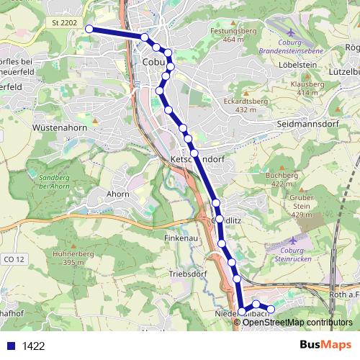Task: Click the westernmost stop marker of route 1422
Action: pyautogui.click(x=89, y=29)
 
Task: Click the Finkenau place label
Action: pyautogui.click(x=181, y=237)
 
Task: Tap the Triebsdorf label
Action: pyautogui.click(x=187, y=274)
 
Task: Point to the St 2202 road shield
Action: pyautogui.click(x=64, y=23)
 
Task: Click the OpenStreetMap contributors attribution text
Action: pyautogui.click(x=297, y=322)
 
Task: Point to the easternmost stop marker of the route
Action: pyautogui.click(x=271, y=309)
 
